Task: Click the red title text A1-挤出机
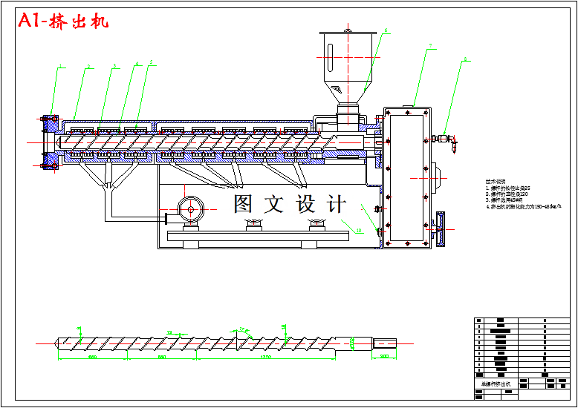(64, 22)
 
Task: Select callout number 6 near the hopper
(386, 31)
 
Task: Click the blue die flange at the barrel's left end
(51, 140)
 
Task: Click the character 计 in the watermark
(336, 203)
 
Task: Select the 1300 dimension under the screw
(265, 358)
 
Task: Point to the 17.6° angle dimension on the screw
(244, 329)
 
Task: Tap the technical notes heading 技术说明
(496, 181)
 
